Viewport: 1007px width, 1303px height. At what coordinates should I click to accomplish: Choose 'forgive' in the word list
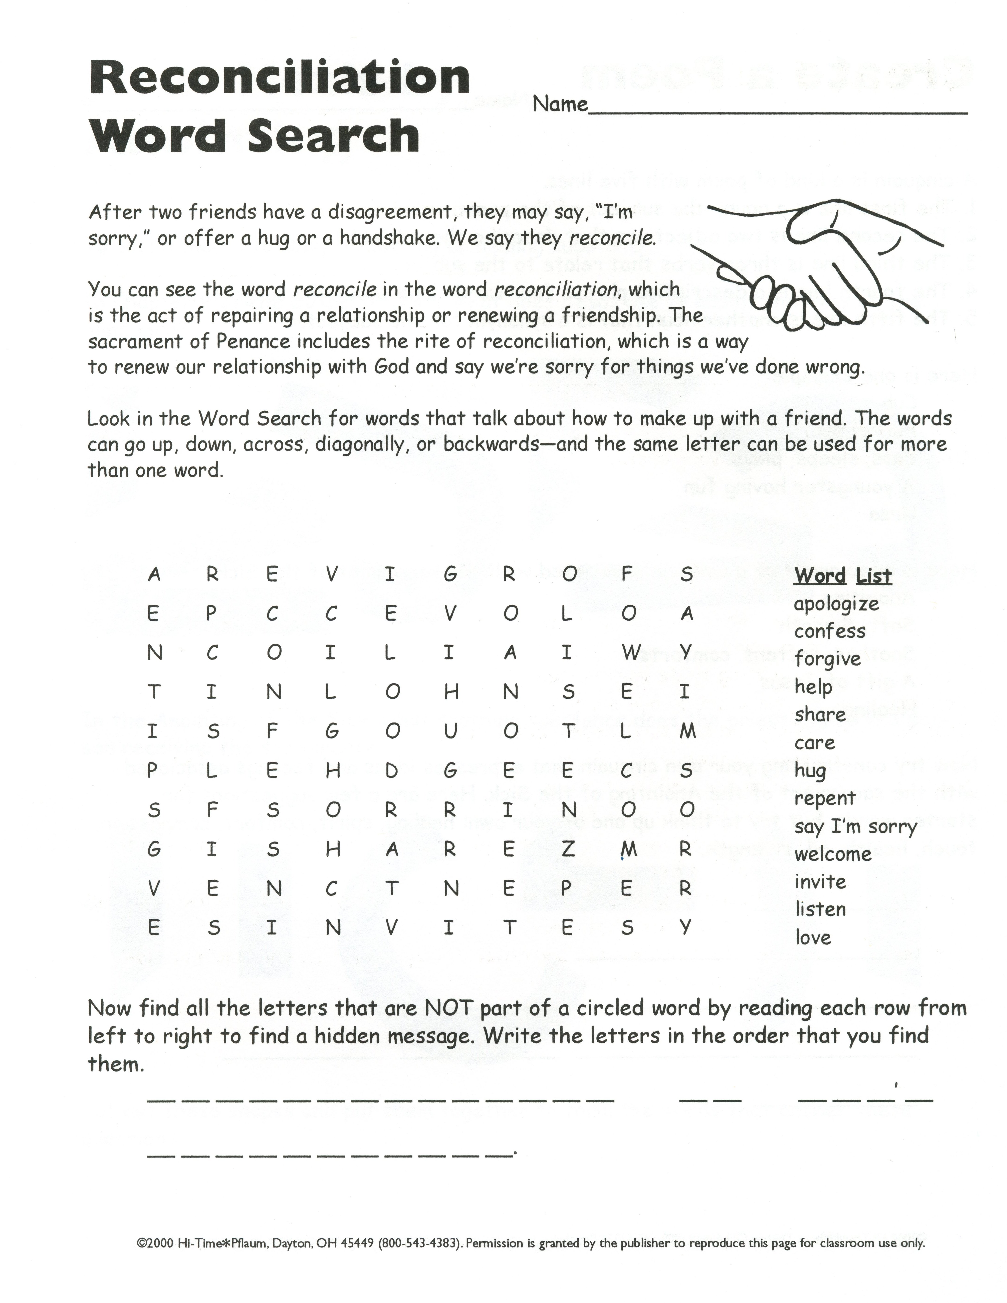pos(827,659)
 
